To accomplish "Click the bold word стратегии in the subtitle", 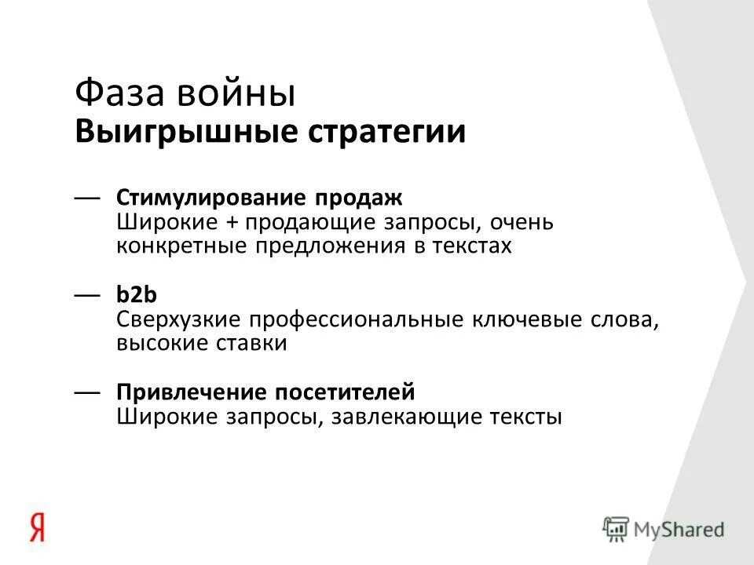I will [x=378, y=132].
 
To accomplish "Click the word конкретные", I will [x=181, y=246].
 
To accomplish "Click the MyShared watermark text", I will [x=680, y=529].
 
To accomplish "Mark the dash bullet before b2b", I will [x=88, y=295].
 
